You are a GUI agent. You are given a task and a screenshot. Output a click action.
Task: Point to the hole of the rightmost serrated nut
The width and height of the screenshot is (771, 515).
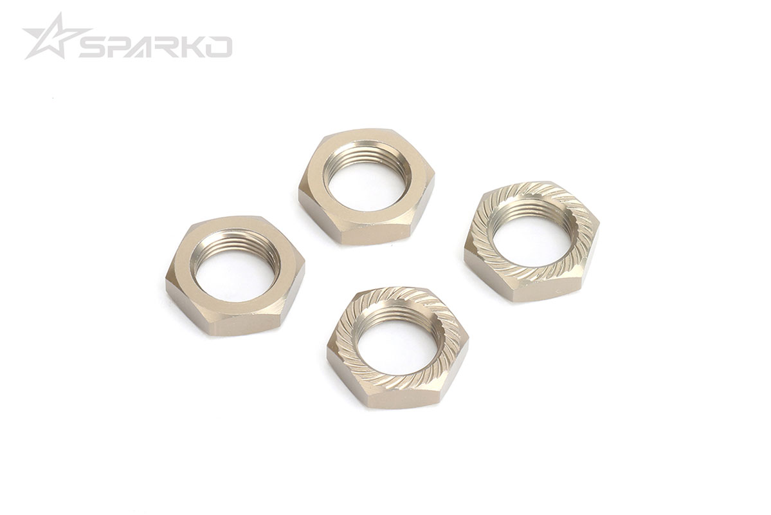pos(530,239)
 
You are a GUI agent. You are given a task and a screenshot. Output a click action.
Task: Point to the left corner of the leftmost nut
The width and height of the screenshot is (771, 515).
pos(167,283)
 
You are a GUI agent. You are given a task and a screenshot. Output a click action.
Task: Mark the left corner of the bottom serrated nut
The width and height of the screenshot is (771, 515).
pos(329,351)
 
